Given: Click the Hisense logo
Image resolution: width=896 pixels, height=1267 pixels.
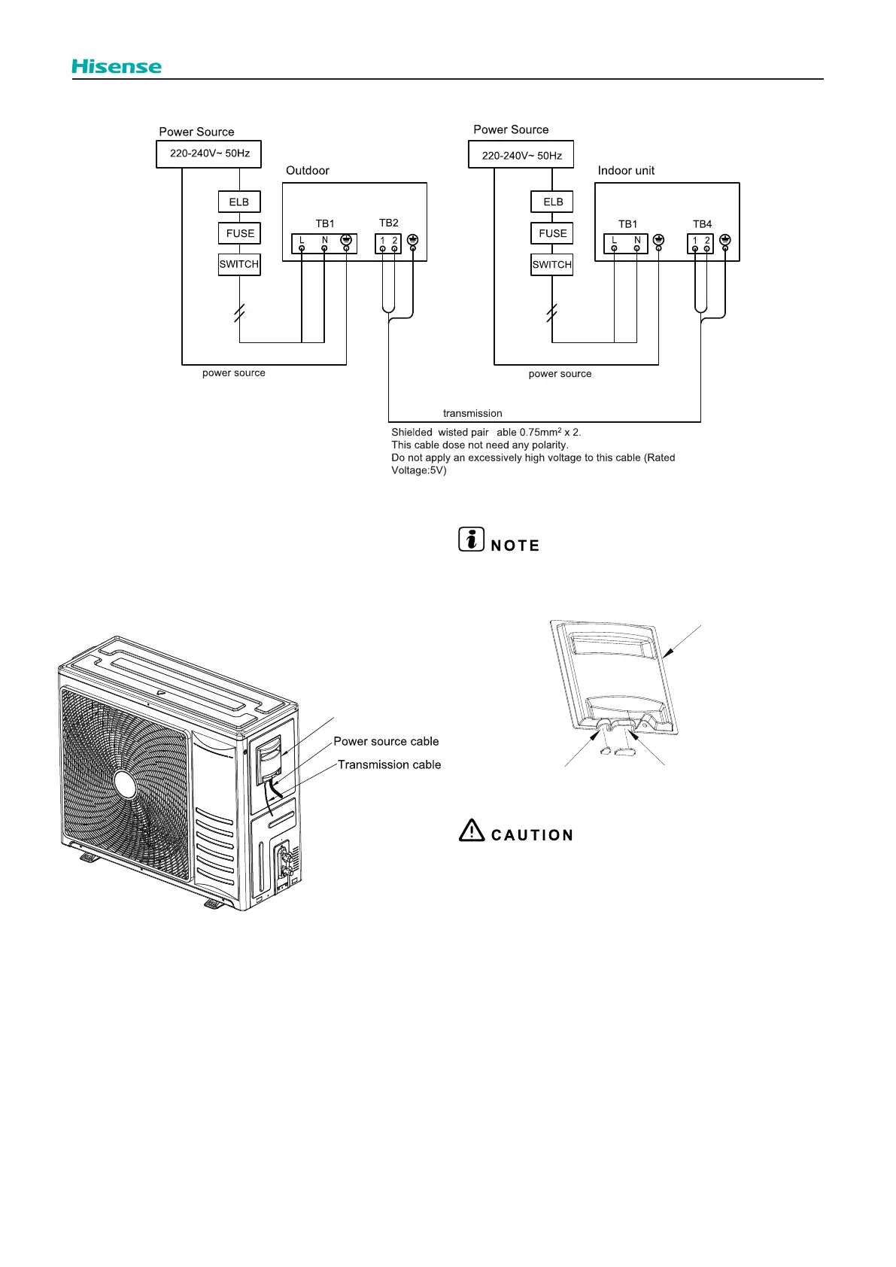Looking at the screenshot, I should coord(117,66).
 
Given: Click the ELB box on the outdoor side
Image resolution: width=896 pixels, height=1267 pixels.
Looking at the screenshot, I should coord(239,202).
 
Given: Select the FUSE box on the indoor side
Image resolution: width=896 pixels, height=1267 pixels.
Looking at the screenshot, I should coord(552,233).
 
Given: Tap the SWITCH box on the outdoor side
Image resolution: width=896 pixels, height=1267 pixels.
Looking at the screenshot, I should coord(239,264).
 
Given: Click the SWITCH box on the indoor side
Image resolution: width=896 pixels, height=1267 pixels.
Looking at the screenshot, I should coord(551,265).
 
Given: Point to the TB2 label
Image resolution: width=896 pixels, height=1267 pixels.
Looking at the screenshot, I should coord(389,223).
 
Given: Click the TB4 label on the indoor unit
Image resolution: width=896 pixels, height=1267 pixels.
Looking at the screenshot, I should coord(702,224).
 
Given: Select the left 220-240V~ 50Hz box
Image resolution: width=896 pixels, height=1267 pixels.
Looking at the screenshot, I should coord(209,153).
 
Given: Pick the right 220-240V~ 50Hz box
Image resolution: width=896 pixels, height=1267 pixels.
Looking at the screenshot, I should coord(521,155).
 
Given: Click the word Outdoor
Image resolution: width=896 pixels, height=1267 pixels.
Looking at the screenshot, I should coord(308,171).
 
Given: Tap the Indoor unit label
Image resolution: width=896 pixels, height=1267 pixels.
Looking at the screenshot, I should coord(626,171).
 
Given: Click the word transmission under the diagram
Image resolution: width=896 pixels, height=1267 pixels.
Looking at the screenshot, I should coord(472,413).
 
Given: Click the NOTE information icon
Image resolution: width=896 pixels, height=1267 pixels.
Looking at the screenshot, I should coord(472,539).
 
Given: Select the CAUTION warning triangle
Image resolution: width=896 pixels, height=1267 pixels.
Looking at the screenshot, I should coord(472,830).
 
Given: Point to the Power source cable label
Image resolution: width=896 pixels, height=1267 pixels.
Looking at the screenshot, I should coord(386,741).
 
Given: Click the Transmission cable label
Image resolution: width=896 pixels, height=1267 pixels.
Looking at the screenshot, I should coord(389,764).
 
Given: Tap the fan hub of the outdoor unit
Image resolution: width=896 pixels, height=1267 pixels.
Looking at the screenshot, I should coord(126,785).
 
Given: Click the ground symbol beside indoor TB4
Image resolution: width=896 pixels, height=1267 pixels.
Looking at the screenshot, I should coord(725,239).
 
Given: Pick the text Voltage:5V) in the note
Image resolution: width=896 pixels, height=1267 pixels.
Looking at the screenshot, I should coord(418,470).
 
